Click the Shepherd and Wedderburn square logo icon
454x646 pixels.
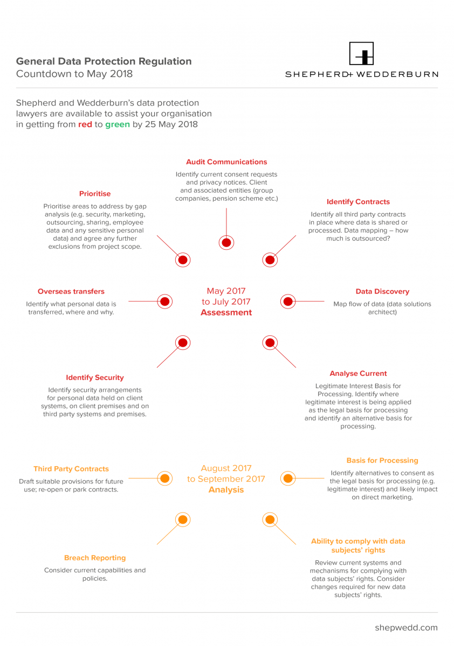pyautogui.click(x=361, y=53)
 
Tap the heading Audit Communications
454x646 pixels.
pyautogui.click(x=226, y=162)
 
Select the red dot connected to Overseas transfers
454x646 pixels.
pyautogui.click(x=164, y=301)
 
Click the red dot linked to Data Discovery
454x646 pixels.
pyautogui.click(x=288, y=301)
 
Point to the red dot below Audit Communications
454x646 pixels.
pyautogui.click(x=226, y=243)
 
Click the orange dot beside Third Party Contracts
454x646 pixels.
pyautogui.click(x=164, y=479)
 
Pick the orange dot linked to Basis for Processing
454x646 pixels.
pyautogui.click(x=288, y=479)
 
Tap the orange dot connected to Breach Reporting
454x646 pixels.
pyautogui.click(x=183, y=519)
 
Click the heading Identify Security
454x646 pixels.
pyautogui.click(x=95, y=377)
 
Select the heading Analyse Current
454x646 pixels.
pyautogui.click(x=358, y=374)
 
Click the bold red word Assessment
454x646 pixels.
pyautogui.click(x=226, y=312)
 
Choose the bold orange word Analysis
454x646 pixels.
pyautogui.click(x=226, y=490)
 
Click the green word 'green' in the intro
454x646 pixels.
pyautogui.click(x=118, y=124)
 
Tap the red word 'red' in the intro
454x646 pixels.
pyautogui.click(x=85, y=124)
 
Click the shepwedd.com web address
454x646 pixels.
pyautogui.click(x=407, y=628)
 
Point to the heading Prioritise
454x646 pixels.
pyautogui.click(x=95, y=193)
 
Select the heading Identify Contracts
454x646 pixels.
pyautogui.click(x=358, y=201)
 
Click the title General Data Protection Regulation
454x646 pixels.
pyautogui.click(x=104, y=61)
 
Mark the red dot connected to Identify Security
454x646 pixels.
pyautogui.click(x=183, y=343)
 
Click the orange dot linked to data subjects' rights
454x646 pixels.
pyautogui.click(x=270, y=519)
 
